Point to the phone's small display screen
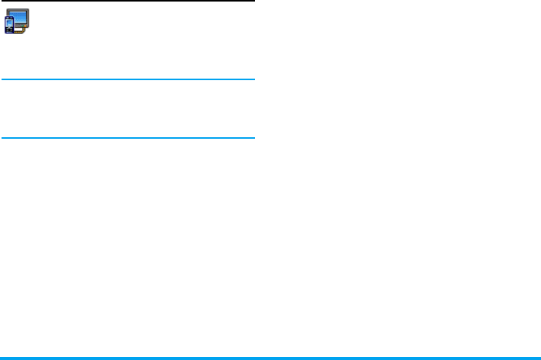(10, 23)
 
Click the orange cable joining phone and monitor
(18, 32)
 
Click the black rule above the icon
(127, 2)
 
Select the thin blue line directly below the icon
(127, 79)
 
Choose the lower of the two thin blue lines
(127, 139)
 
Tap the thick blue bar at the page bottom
(270, 358)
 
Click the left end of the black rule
(2, 2)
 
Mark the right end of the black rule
(252, 2)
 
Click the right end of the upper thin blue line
(252, 79)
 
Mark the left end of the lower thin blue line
(2, 139)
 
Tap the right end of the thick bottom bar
(538, 358)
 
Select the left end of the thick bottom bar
(2, 358)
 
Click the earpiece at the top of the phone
(10, 19)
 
